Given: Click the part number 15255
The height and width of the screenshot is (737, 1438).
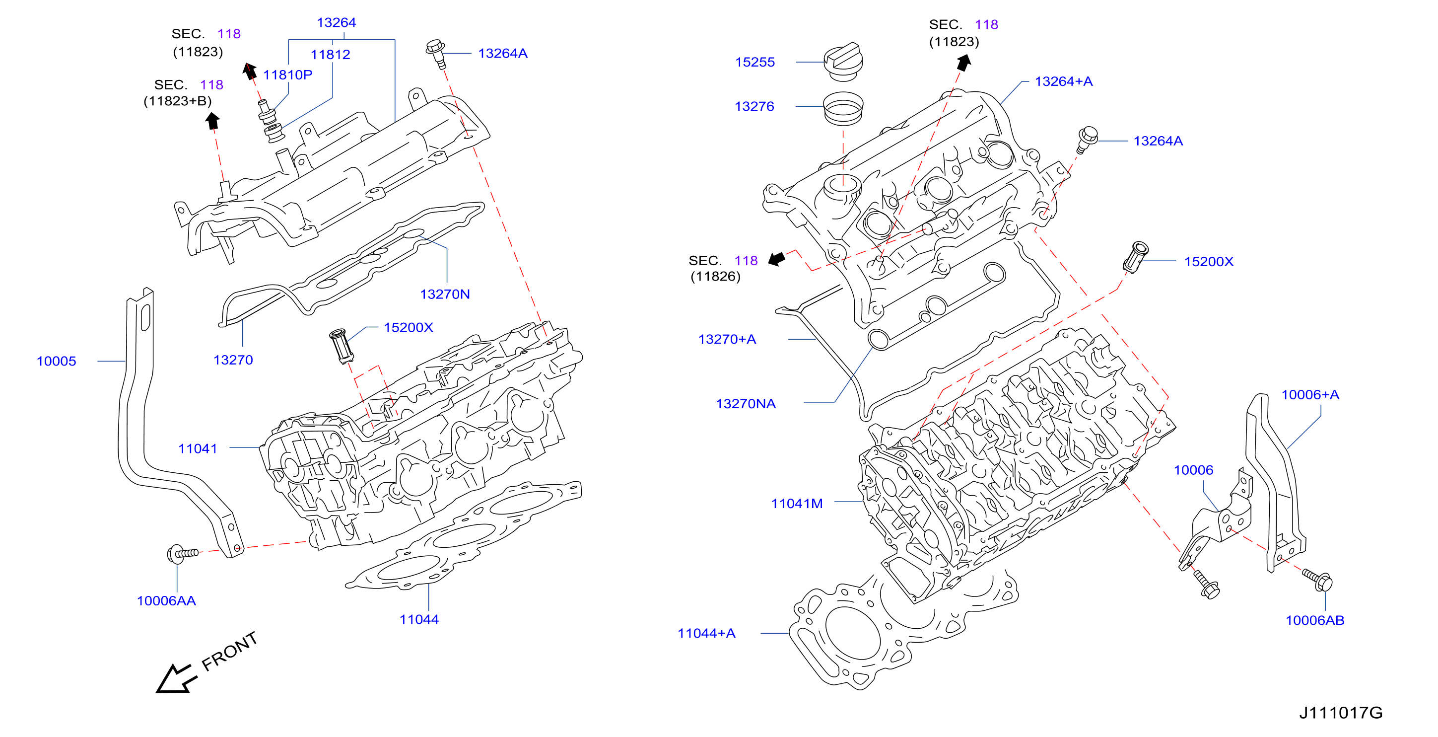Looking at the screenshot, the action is tap(754, 62).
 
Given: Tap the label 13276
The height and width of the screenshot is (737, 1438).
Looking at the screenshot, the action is tap(754, 106).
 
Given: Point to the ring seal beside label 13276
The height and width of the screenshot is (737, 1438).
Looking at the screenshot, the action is tap(843, 108).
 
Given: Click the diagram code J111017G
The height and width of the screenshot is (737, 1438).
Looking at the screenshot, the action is tap(1341, 713).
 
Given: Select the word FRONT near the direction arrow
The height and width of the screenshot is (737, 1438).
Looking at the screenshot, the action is tap(229, 652).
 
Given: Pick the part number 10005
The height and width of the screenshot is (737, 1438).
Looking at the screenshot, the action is tap(57, 361).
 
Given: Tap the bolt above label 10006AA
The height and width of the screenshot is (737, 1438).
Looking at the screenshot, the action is tap(183, 553).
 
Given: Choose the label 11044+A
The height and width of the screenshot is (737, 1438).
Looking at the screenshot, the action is tap(706, 633).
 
